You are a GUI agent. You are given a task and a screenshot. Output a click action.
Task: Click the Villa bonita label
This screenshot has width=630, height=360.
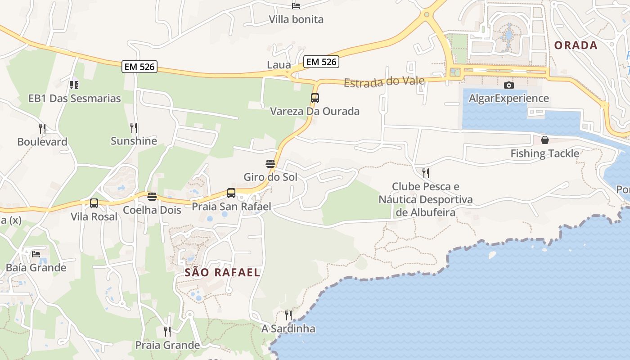296,19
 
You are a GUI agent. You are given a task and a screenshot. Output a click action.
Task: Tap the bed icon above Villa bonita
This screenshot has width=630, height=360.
296,6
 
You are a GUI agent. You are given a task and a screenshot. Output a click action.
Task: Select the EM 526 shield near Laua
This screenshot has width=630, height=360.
321,62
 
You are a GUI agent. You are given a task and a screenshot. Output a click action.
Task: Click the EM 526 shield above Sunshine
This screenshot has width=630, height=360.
139,67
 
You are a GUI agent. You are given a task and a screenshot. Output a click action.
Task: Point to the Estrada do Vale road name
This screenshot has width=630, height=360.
384,82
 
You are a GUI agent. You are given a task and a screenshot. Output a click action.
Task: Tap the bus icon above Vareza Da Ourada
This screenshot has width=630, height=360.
315,98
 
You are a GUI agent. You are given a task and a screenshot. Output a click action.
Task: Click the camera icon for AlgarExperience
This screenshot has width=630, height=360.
509,85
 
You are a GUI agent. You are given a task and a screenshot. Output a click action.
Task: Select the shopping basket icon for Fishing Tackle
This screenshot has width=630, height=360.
545,140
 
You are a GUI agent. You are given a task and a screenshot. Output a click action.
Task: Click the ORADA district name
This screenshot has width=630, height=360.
576,45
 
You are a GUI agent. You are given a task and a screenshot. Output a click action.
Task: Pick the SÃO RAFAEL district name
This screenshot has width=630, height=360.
222,272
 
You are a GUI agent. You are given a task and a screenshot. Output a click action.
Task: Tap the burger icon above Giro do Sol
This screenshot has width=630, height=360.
270,164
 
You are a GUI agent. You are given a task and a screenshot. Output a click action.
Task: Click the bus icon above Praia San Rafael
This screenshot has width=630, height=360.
231,193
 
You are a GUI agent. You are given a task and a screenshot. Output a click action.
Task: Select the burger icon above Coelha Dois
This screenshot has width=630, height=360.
152,197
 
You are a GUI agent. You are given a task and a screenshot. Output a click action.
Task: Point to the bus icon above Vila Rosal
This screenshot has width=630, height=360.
94,203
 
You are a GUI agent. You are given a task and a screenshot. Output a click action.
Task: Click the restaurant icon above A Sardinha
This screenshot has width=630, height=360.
288,315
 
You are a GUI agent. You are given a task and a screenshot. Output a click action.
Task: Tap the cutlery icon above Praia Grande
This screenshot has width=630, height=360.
167,332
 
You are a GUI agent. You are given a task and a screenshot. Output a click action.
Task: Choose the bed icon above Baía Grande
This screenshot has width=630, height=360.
36,254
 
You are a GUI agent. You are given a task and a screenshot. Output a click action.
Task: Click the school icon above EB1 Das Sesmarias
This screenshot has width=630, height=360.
74,85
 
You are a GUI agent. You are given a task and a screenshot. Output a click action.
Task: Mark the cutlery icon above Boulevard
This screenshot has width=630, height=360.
42,128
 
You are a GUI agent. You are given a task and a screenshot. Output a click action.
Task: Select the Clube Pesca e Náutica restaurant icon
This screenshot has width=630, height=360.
426,173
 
